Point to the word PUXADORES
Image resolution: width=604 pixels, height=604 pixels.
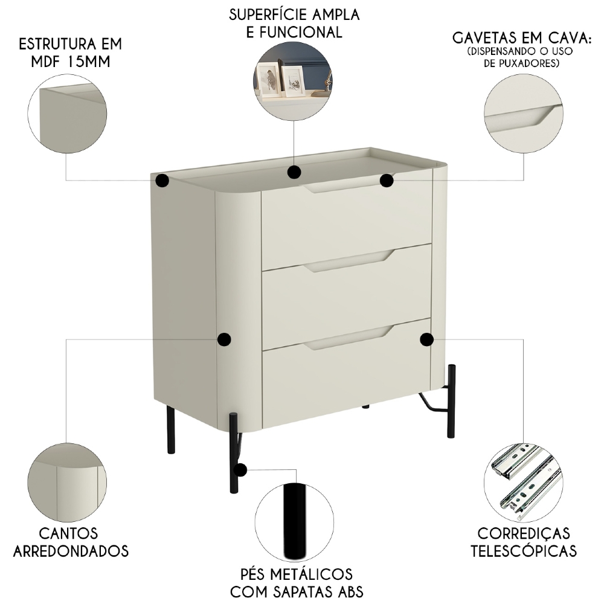tap(529, 63)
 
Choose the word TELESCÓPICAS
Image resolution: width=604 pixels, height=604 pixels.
tap(524, 551)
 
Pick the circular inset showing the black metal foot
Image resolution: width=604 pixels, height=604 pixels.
tap(294, 523)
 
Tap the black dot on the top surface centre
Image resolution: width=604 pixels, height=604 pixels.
tap(294, 172)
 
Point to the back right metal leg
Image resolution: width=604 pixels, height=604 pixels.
tap(451, 401)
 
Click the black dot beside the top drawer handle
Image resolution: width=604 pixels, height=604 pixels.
tap(387, 180)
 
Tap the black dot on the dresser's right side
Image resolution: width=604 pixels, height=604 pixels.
tap(426, 339)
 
